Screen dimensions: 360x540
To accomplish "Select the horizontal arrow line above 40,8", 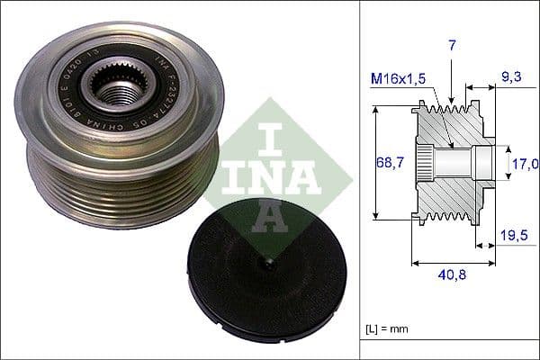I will (x=453, y=264).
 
